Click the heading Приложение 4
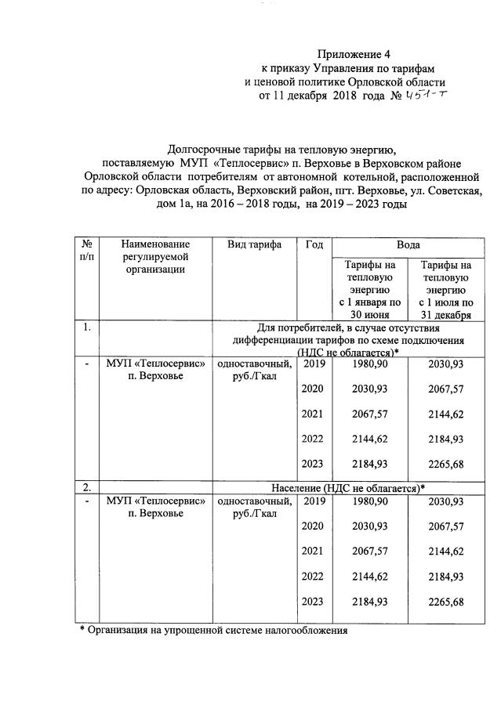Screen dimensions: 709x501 pos(353,54)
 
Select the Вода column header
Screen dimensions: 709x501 pos(408,245)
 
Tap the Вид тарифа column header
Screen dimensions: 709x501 pos(254,245)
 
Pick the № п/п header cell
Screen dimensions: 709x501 pos(88,251)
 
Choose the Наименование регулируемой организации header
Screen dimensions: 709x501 pos(155,257)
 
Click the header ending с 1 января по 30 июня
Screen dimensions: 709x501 pos(369,289)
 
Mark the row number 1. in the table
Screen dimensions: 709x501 pos(88,327)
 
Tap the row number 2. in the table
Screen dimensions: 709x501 pos(88,488)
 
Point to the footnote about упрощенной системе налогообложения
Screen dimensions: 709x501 pos(212,629)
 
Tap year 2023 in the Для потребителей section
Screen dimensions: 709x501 pos(314,465)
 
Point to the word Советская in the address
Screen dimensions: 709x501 pos(447,190)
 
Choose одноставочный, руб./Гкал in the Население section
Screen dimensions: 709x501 pos(254,508)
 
